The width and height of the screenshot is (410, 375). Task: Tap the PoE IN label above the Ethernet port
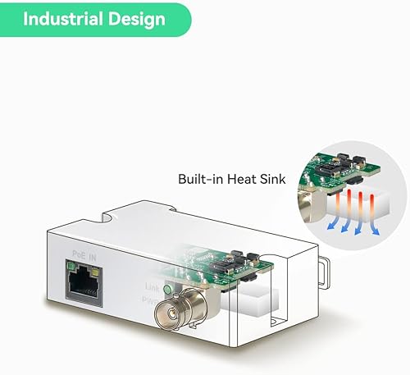pyautogui.click(x=84, y=257)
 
